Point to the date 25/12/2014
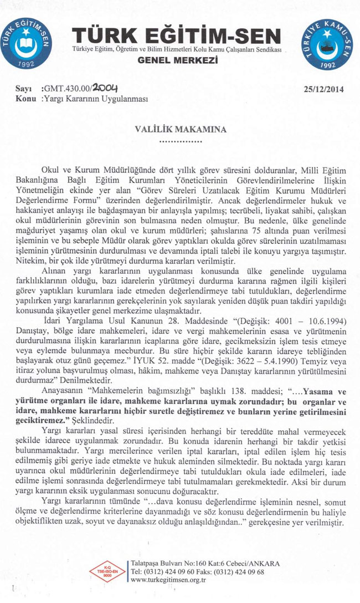pos(324,89)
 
